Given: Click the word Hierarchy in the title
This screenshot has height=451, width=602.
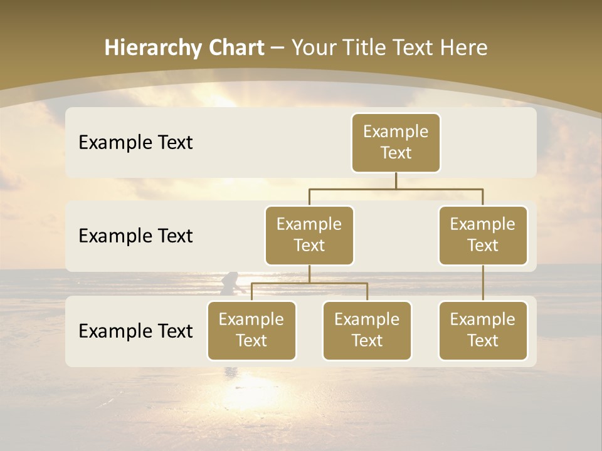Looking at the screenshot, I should tap(145, 48).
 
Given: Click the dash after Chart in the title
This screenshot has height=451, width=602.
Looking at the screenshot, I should tap(276, 49).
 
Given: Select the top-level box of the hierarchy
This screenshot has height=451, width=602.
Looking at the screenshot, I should tap(396, 142).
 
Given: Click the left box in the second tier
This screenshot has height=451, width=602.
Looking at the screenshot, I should tap(309, 235).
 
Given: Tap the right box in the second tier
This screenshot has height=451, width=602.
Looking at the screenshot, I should tap(483, 235).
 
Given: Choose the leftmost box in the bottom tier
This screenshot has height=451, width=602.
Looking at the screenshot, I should tap(251, 330).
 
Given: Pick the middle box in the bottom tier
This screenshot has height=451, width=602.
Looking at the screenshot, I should tap(367, 330).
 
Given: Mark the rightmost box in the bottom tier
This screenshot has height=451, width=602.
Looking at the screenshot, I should tap(483, 330).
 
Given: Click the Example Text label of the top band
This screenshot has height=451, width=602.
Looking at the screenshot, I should tap(135, 143).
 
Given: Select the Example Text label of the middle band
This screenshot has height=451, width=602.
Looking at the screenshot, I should tap(135, 236).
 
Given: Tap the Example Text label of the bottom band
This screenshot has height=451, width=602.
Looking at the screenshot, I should tap(135, 331).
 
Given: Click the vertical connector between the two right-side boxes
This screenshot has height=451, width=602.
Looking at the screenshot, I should tap(483, 283).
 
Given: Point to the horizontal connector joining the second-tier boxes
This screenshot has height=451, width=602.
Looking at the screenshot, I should tap(396, 189).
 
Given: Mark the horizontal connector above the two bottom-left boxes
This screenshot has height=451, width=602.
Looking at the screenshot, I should tap(309, 283).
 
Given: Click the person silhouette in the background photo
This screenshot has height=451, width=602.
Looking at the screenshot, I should tap(230, 283).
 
